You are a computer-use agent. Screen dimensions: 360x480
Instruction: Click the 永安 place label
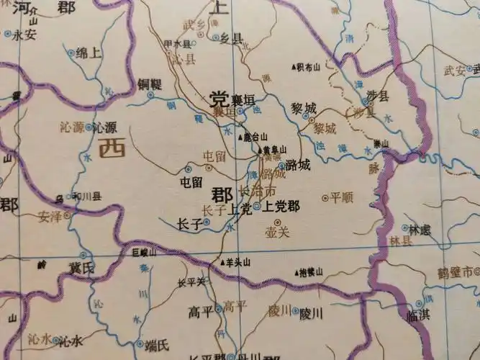pos(24,33)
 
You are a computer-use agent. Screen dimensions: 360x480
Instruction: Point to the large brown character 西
pos(111,149)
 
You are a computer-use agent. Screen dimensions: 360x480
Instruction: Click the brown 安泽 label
pos(48,214)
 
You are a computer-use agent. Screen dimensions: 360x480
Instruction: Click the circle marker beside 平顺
pos(325,197)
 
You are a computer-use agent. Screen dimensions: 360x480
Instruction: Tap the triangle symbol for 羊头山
pos(222,263)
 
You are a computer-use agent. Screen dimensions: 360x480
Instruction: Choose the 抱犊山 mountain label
pos(310,272)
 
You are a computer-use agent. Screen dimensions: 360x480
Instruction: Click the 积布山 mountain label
pos(308,68)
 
